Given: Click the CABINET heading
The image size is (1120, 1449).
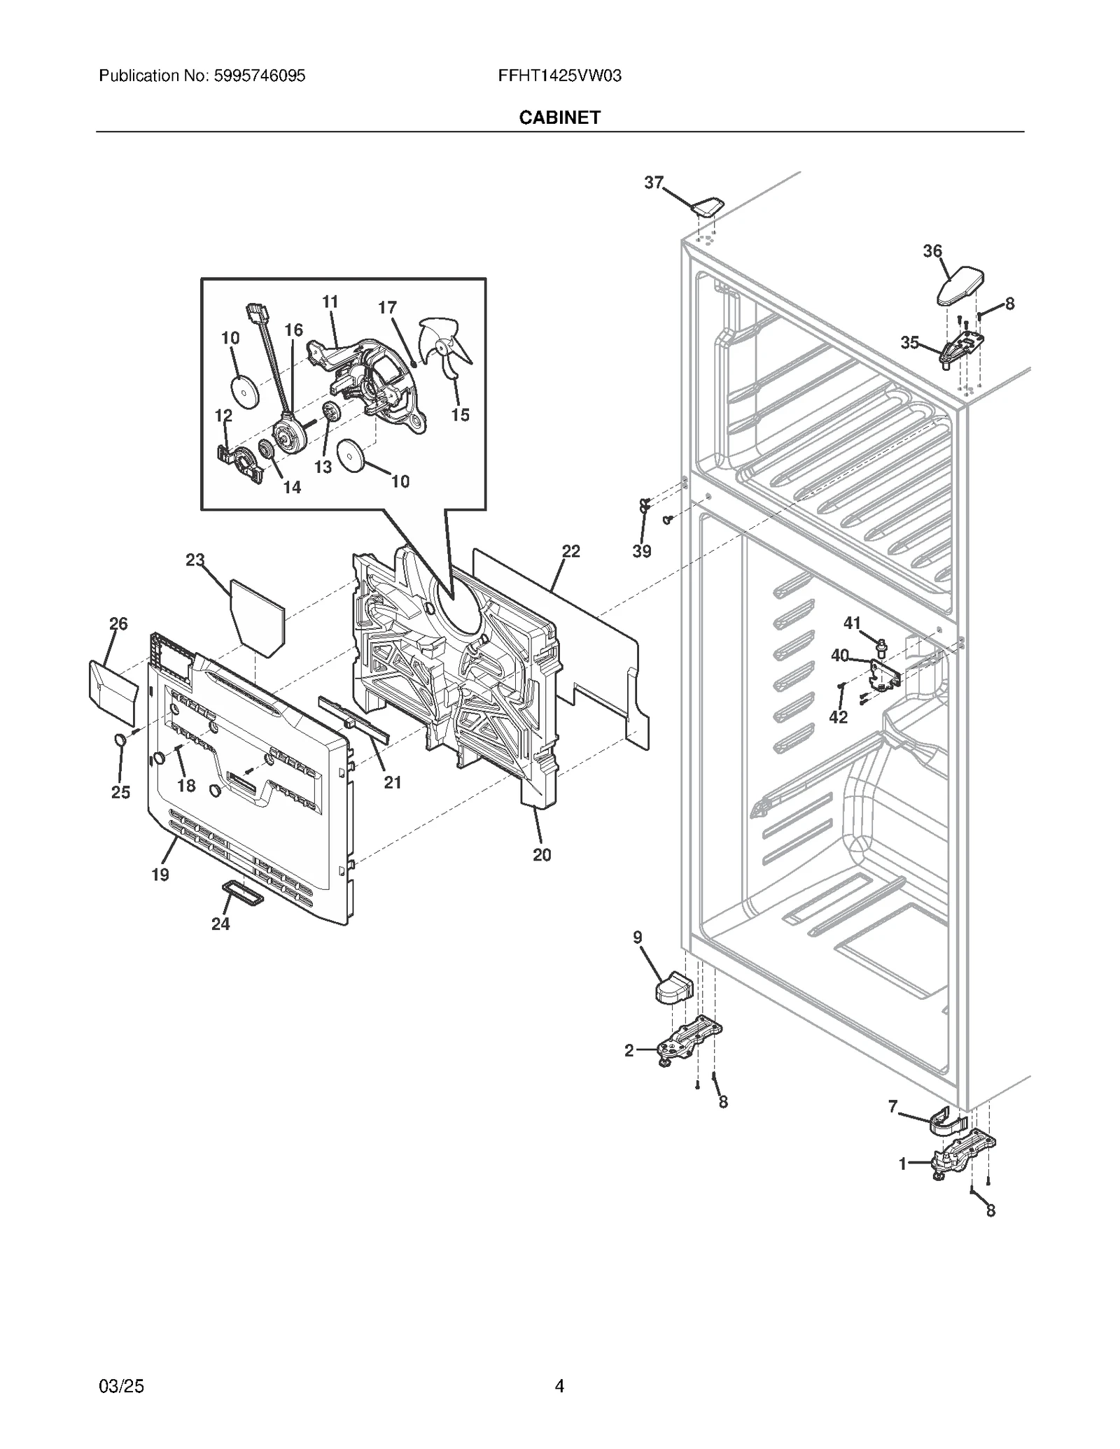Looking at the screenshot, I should click(x=559, y=118).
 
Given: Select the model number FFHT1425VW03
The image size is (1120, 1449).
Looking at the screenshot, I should click(x=559, y=76).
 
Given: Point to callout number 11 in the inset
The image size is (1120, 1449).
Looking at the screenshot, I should click(x=330, y=302).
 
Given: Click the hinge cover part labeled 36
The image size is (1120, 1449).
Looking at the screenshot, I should click(x=960, y=285).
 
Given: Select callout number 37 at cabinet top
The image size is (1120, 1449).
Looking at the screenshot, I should click(x=653, y=183).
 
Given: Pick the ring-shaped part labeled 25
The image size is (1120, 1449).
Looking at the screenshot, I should click(x=120, y=740).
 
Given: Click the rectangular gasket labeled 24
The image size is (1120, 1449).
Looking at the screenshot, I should click(x=242, y=893).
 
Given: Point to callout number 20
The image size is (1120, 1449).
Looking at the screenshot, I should click(x=541, y=854).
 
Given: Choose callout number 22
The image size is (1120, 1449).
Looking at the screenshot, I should click(x=570, y=551).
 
